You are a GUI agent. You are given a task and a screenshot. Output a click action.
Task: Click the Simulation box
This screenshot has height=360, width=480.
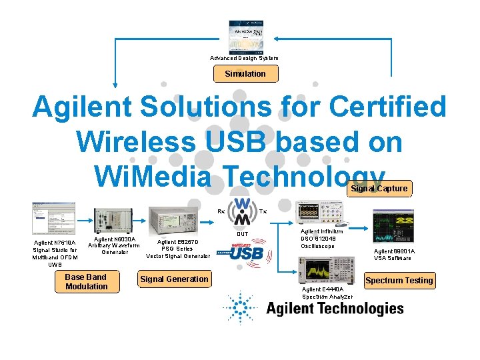coord(245,74)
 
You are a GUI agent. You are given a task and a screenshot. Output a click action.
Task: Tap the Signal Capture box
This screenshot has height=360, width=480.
coord(379,189)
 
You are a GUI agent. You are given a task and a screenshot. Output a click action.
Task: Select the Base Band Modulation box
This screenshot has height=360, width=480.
coord(87,282)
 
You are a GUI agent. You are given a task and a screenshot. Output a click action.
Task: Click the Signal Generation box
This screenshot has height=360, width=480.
coord(174,279)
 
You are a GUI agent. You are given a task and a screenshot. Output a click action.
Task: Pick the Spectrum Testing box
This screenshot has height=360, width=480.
coord(399,281)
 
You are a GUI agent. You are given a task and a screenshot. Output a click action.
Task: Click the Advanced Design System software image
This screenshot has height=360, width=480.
coord(245,37)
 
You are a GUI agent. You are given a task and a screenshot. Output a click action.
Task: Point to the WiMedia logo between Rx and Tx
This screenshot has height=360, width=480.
coord(240,211)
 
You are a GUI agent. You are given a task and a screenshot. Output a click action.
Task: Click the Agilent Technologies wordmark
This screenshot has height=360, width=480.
coord(335,308)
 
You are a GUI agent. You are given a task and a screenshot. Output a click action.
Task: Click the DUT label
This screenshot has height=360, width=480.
coord(243,235)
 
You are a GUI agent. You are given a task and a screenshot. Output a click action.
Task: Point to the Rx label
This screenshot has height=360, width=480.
coord(221,211)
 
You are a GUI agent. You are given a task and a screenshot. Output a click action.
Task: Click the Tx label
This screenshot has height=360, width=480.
coord(263,211)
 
